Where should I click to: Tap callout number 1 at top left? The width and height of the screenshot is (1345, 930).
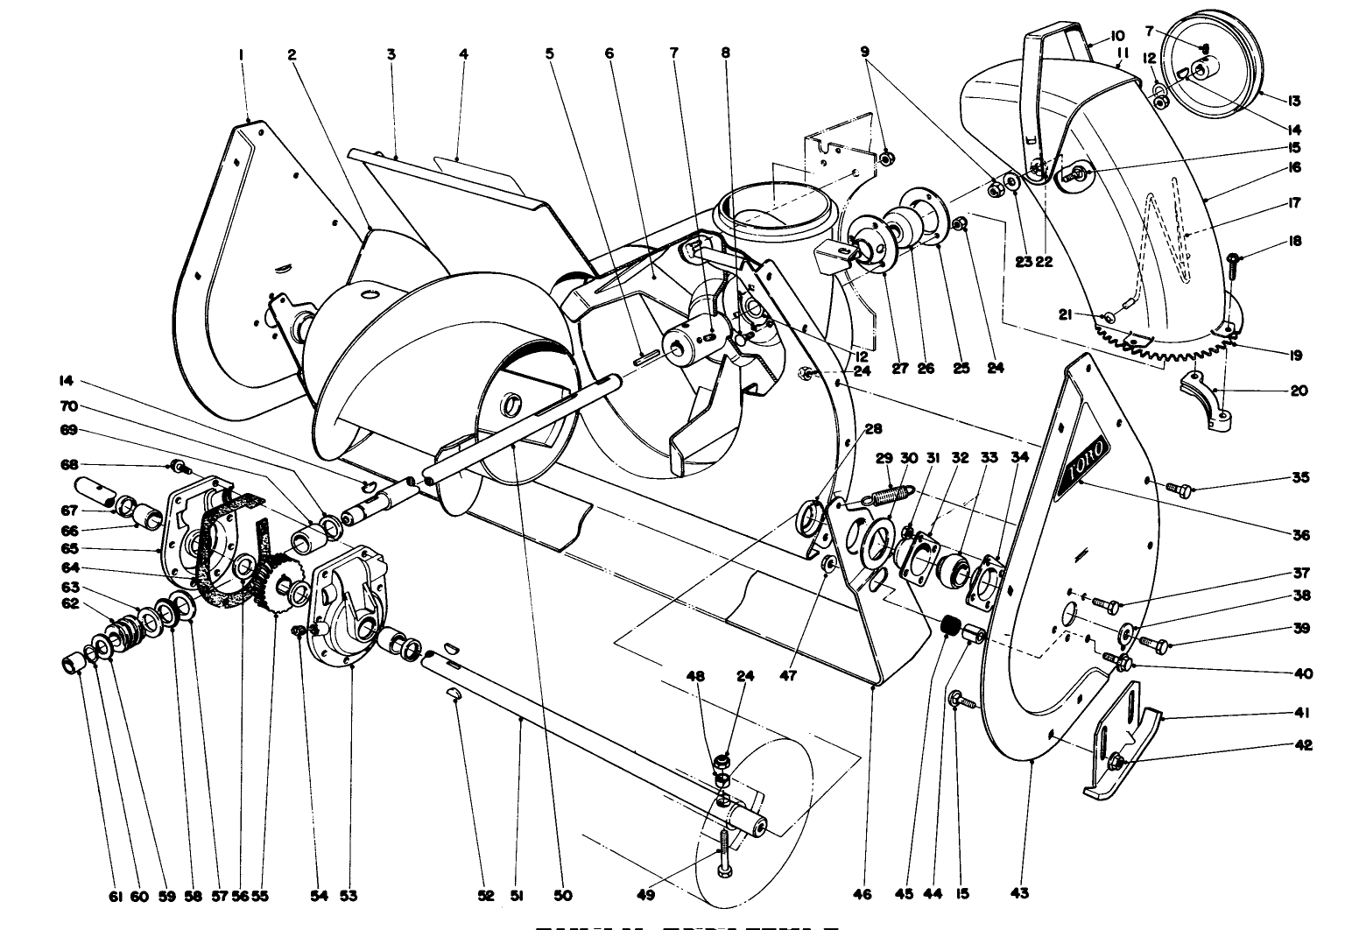pos(241,54)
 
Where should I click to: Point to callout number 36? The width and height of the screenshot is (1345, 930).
pos(1299,535)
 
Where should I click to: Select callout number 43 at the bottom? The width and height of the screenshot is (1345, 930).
pos(1019,893)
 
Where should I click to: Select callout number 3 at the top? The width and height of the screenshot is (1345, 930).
pos(391,54)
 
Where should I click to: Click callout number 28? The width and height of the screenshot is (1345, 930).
pos(873,429)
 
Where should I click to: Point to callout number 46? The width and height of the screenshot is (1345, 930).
pos(863,895)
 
